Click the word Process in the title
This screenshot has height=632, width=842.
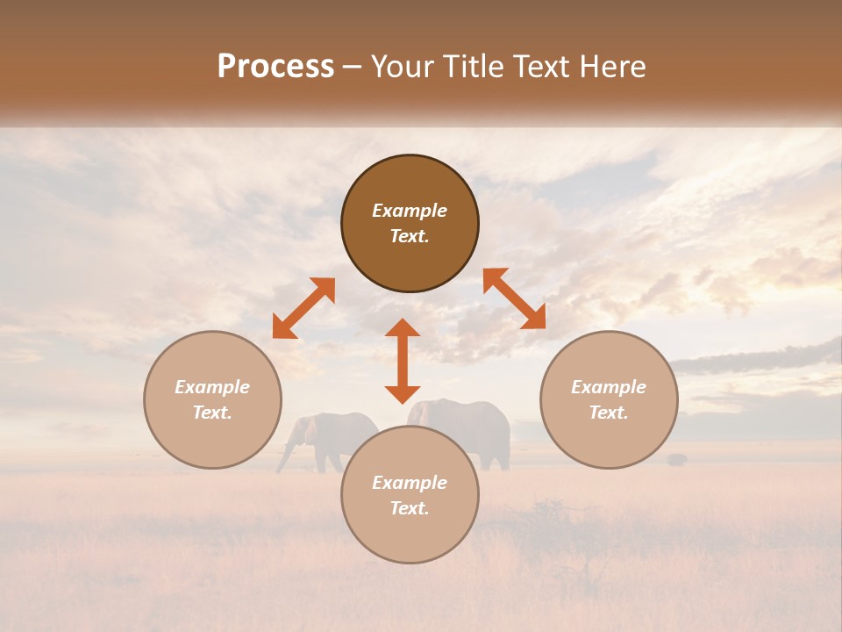[x=275, y=67]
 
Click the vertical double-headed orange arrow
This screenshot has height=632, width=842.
[x=403, y=361]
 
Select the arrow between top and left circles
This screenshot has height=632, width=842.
[x=303, y=308]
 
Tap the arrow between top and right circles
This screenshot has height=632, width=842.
[x=514, y=298]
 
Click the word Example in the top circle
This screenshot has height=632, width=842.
[x=410, y=211]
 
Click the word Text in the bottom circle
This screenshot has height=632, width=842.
[x=410, y=508]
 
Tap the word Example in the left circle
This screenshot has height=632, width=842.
[x=212, y=387]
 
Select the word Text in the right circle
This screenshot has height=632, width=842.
[x=609, y=413]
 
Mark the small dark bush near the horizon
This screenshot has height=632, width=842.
[x=676, y=458]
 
